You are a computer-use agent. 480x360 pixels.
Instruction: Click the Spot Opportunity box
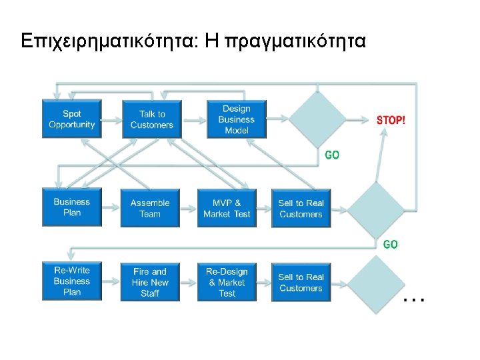(71, 119)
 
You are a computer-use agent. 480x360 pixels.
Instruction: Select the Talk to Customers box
(151, 119)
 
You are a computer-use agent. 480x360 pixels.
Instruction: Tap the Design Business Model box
(236, 119)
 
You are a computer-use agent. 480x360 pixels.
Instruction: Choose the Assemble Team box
(150, 208)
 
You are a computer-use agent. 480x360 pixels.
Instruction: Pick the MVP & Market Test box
(227, 208)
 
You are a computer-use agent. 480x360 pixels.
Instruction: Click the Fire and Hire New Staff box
(150, 282)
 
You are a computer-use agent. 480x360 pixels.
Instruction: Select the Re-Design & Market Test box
(227, 282)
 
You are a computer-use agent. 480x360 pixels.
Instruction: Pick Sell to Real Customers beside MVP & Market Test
(301, 208)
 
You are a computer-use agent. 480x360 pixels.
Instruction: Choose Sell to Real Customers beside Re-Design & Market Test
(301, 282)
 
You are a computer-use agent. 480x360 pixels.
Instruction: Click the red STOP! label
(391, 121)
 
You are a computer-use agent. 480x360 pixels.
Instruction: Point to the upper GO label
(331, 155)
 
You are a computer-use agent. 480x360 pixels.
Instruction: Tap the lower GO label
(391, 244)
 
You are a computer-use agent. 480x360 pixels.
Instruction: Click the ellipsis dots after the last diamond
(414, 301)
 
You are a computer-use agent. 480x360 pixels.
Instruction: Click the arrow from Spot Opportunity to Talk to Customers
(111, 120)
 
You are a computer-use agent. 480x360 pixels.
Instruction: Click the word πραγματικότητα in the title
(295, 41)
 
